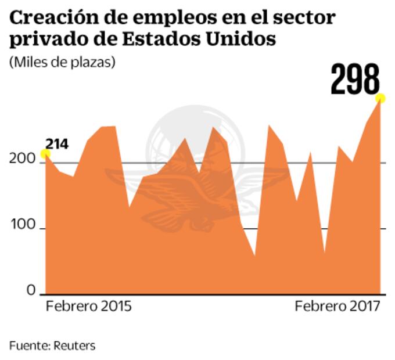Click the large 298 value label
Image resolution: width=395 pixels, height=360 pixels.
[x=355, y=80]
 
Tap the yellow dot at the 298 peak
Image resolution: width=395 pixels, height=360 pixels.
[x=381, y=98]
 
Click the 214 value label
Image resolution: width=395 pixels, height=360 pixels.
[x=58, y=143]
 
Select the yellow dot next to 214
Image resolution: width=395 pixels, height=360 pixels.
[x=45, y=154]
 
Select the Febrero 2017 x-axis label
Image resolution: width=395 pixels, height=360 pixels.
[x=337, y=307]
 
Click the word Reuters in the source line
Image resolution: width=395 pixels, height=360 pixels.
[x=74, y=345]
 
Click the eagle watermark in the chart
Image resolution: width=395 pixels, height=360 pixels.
[x=192, y=192]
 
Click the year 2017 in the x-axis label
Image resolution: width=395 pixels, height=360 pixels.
[x=365, y=307]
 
